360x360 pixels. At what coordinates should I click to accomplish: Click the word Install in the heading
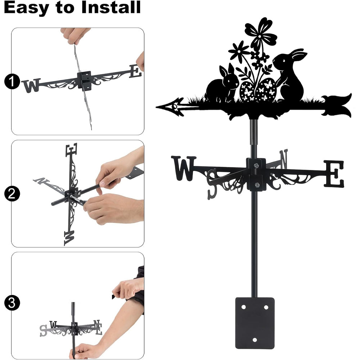[x=111, y=7]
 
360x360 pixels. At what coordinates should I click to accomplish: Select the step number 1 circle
[x=12, y=82]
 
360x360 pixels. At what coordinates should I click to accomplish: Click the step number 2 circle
[x=12, y=194]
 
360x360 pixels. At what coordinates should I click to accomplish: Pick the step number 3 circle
[x=12, y=303]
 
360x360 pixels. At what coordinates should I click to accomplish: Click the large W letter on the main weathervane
[x=184, y=168]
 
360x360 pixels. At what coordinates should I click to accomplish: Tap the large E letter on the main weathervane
[x=334, y=174]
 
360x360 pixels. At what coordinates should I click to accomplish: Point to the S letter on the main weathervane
[x=212, y=184]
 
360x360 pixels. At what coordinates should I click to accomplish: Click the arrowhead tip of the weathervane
[x=157, y=107]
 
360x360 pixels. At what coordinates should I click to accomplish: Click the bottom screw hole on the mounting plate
[x=255, y=340]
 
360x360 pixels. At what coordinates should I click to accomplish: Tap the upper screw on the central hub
[x=256, y=165]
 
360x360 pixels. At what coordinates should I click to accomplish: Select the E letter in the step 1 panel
[x=135, y=71]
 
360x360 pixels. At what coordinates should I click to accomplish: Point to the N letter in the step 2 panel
[x=41, y=181]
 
